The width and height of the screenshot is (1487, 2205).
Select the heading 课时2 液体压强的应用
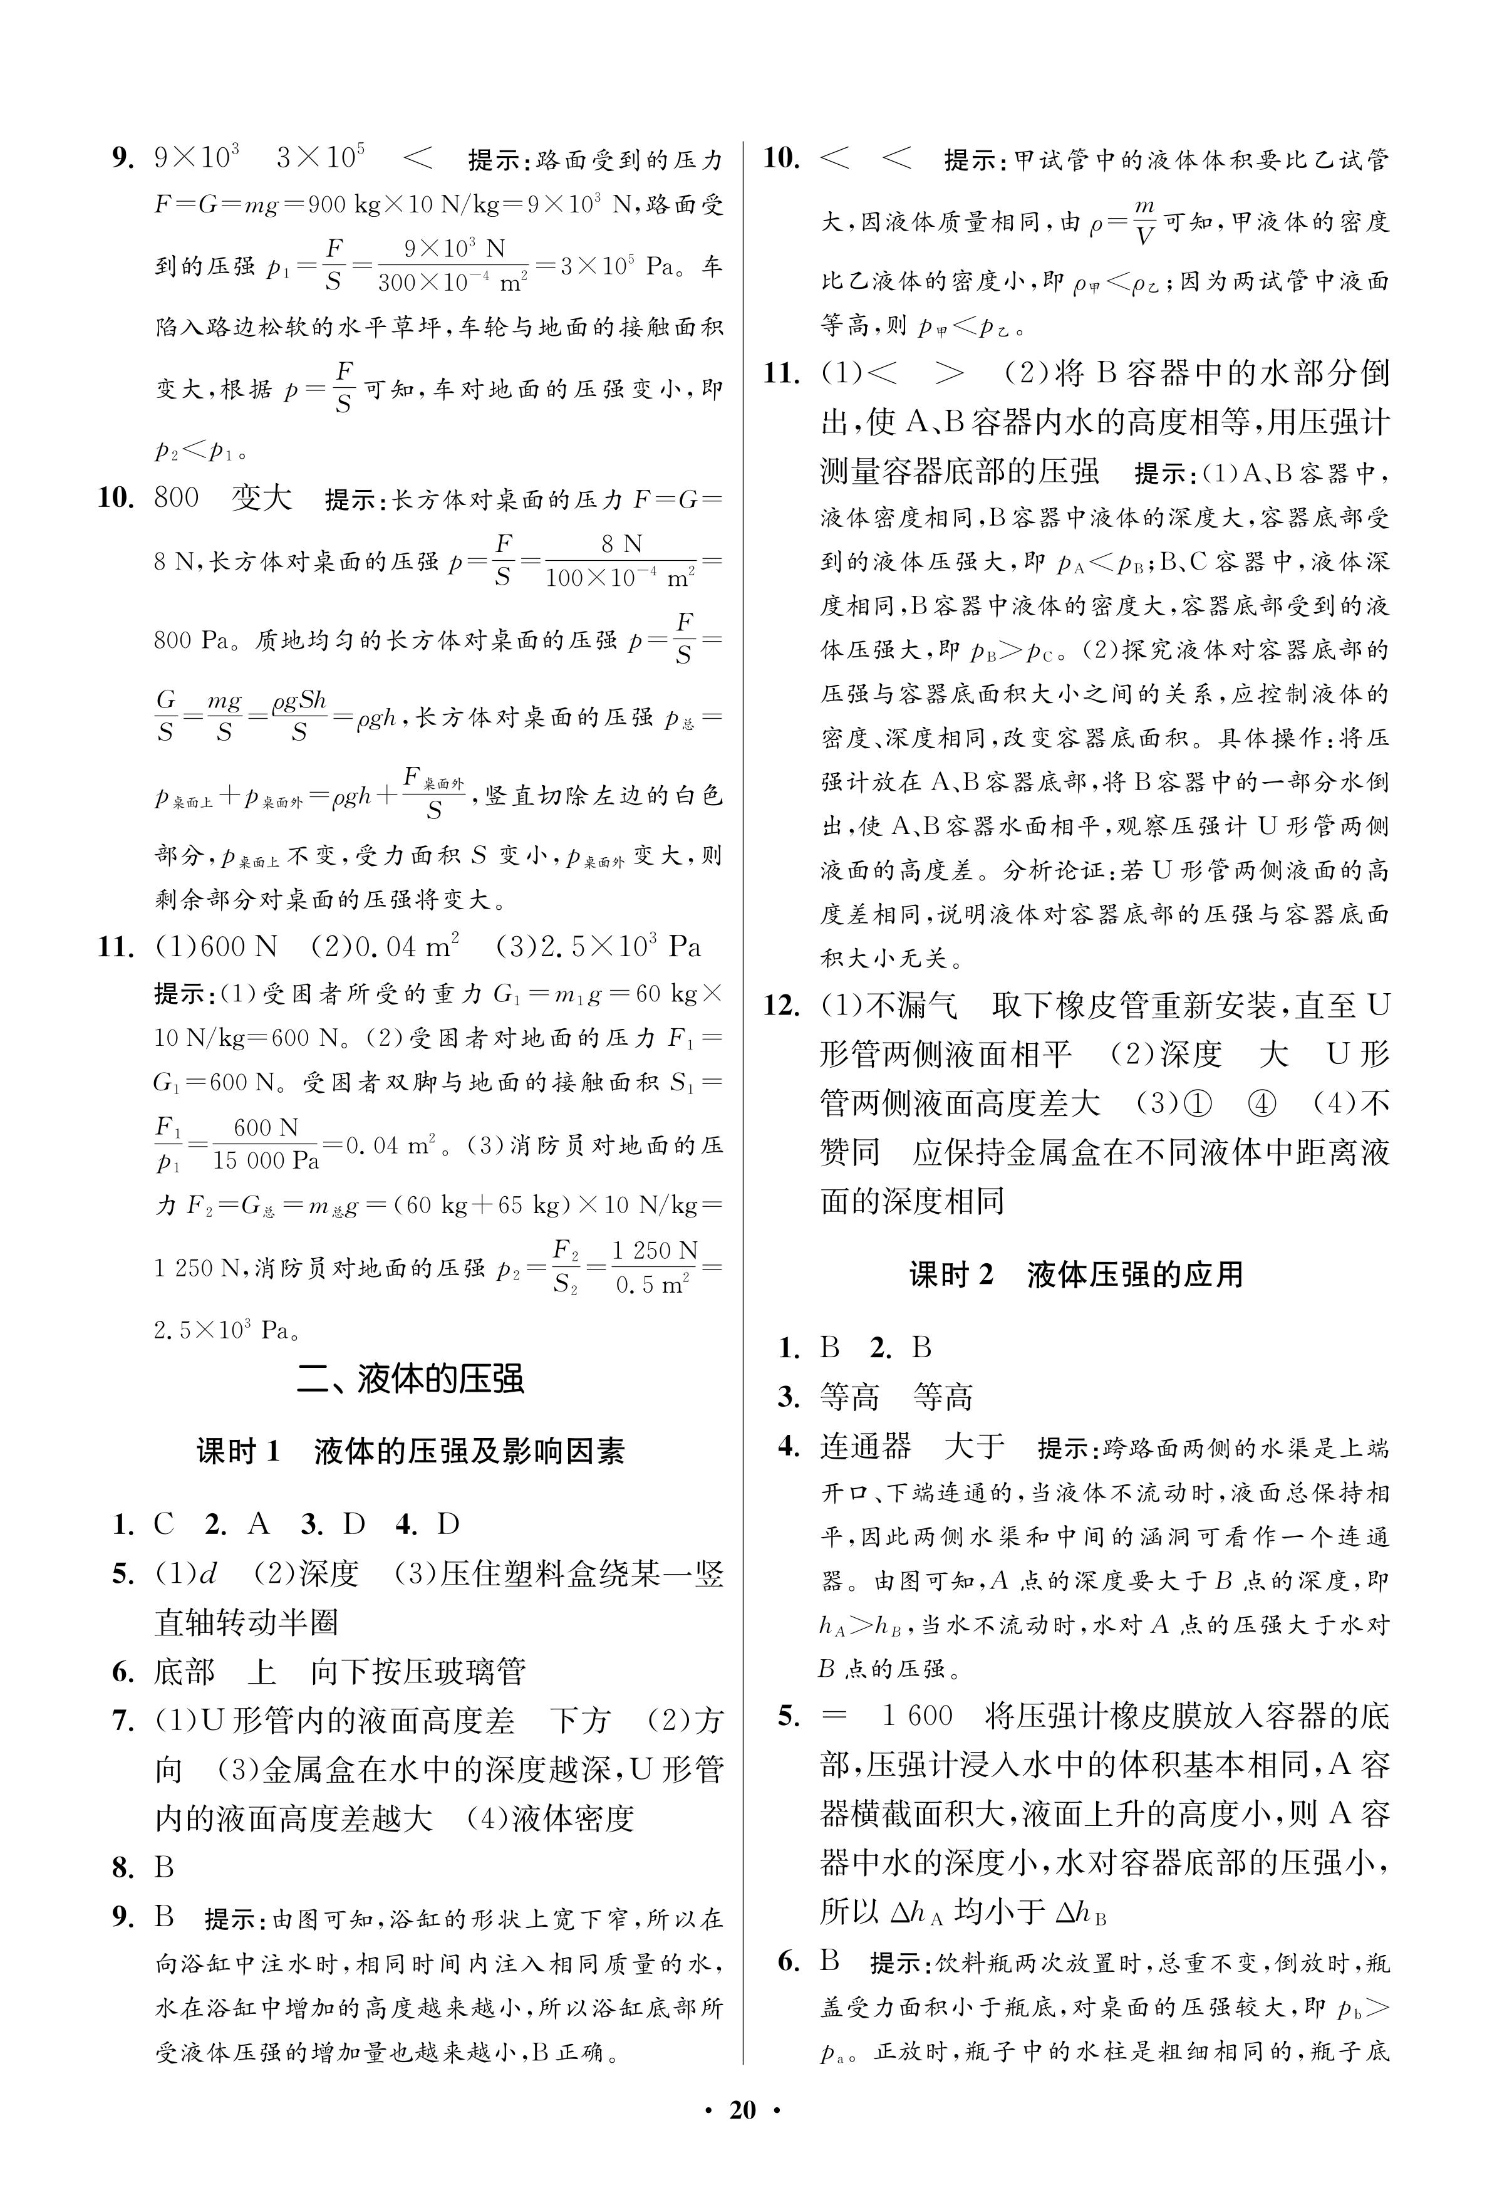point(1075,1275)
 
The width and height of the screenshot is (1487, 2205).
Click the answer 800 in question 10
point(177,498)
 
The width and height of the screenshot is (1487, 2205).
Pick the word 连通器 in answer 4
point(865,1446)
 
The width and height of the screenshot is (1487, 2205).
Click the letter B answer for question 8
point(164,1869)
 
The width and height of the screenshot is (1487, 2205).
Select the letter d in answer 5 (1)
point(208,1574)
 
